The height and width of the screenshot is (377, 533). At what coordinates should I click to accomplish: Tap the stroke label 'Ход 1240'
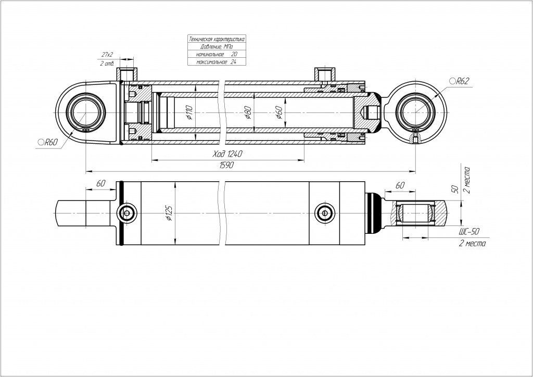click(x=228, y=154)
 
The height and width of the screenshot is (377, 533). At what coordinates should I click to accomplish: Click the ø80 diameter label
click(x=248, y=112)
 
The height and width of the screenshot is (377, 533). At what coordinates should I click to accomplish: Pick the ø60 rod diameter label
click(x=279, y=112)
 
